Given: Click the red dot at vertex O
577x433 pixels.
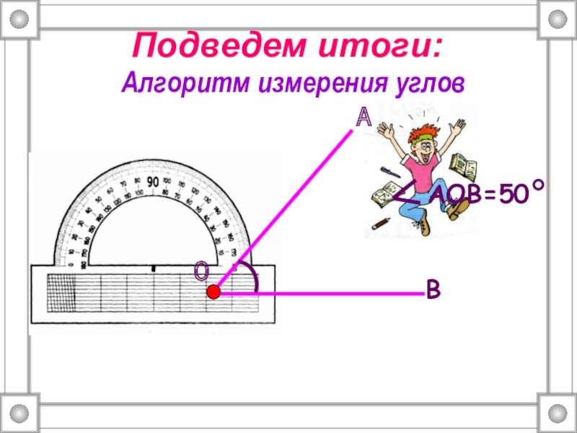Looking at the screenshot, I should (x=213, y=292).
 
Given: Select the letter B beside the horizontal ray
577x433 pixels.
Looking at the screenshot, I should (x=433, y=290).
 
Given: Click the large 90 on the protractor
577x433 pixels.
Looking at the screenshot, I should (x=153, y=182).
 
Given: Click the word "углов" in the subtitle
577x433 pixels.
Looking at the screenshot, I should (x=420, y=84).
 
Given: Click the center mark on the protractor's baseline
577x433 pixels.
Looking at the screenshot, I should (x=153, y=268).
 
